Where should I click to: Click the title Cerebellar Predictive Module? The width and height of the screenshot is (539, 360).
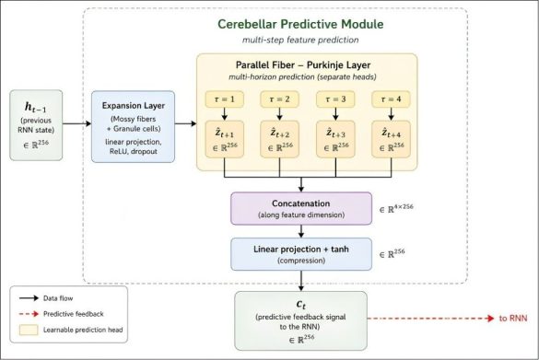[300, 24]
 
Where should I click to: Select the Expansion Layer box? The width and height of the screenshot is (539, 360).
[133, 126]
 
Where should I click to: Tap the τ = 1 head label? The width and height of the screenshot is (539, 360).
[225, 99]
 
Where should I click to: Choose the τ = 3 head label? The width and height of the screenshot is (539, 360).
[335, 99]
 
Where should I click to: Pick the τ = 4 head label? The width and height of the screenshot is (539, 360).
[391, 99]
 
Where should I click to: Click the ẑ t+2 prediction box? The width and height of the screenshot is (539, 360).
[279, 139]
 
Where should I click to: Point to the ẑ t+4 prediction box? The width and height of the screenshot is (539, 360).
[391, 139]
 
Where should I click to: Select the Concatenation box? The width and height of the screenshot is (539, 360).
[301, 208]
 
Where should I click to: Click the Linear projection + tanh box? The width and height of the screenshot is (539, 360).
[301, 254]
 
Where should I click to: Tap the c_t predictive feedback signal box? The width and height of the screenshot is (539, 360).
[300, 320]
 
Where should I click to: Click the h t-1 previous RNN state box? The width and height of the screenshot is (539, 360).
[36, 125]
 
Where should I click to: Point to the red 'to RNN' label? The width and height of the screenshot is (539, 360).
[513, 319]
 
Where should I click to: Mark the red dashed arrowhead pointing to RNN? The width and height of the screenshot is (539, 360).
[491, 319]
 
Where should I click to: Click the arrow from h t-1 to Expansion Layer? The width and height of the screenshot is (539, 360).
[77, 123]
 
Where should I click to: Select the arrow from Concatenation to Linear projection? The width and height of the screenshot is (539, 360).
[301, 231]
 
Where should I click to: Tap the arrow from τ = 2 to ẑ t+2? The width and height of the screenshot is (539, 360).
[279, 113]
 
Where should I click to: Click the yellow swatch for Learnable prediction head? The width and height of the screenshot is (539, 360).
[29, 330]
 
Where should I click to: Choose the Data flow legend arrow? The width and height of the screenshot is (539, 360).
[29, 298]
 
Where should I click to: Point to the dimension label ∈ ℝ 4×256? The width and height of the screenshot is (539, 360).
[396, 208]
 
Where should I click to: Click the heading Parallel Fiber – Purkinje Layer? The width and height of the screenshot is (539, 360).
[303, 65]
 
